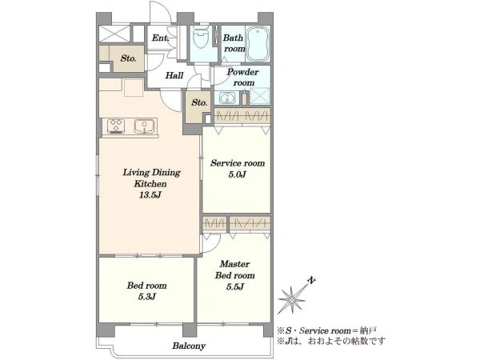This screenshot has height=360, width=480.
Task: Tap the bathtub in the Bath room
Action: coord(258,44)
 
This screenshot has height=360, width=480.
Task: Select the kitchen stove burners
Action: coord(116,126)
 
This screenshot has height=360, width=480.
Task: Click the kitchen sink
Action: coord(144,126)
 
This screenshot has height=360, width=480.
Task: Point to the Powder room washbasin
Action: coord(227,98)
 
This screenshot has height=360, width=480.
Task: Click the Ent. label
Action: coord(161,38)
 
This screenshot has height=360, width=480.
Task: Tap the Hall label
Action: coord(174,75)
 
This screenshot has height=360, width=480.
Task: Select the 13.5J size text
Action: coord(150,195)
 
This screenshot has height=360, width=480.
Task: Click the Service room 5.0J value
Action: coord(238,174)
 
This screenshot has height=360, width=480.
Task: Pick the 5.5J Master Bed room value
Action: coord(234,287)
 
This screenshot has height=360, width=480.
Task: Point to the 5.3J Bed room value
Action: coord(147,297)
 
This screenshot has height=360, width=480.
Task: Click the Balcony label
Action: coord(189,346)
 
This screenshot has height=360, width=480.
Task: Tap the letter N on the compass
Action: coord(312,281)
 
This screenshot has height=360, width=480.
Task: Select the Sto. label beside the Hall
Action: coord(128,58)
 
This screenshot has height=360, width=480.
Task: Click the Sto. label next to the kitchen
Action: coord(199,102)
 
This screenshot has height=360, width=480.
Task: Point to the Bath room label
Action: coord(234,43)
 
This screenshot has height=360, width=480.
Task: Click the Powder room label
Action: coord(242,77)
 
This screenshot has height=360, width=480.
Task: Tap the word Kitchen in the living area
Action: coord(150,184)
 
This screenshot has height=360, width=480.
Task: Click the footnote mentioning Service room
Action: coord(327,330)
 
